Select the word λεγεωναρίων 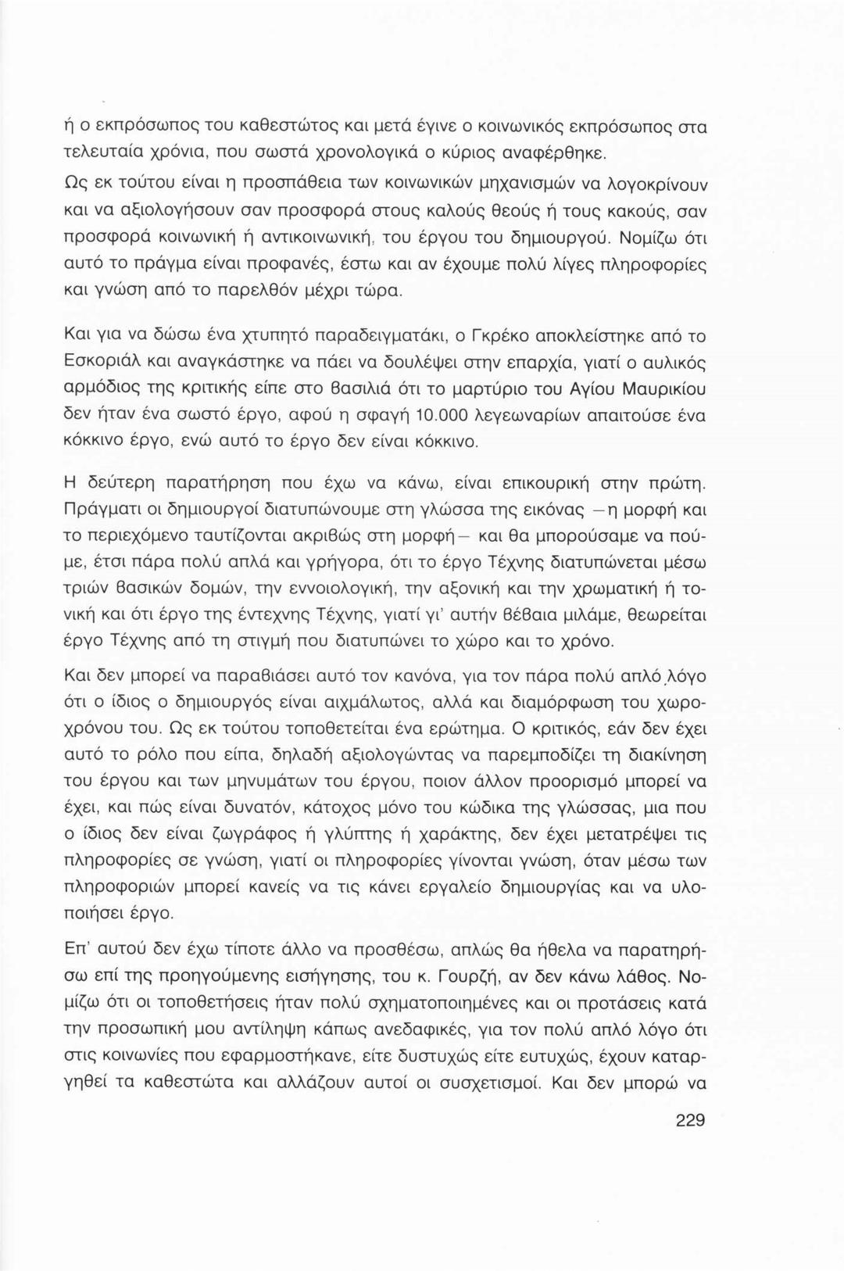point(507,416)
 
